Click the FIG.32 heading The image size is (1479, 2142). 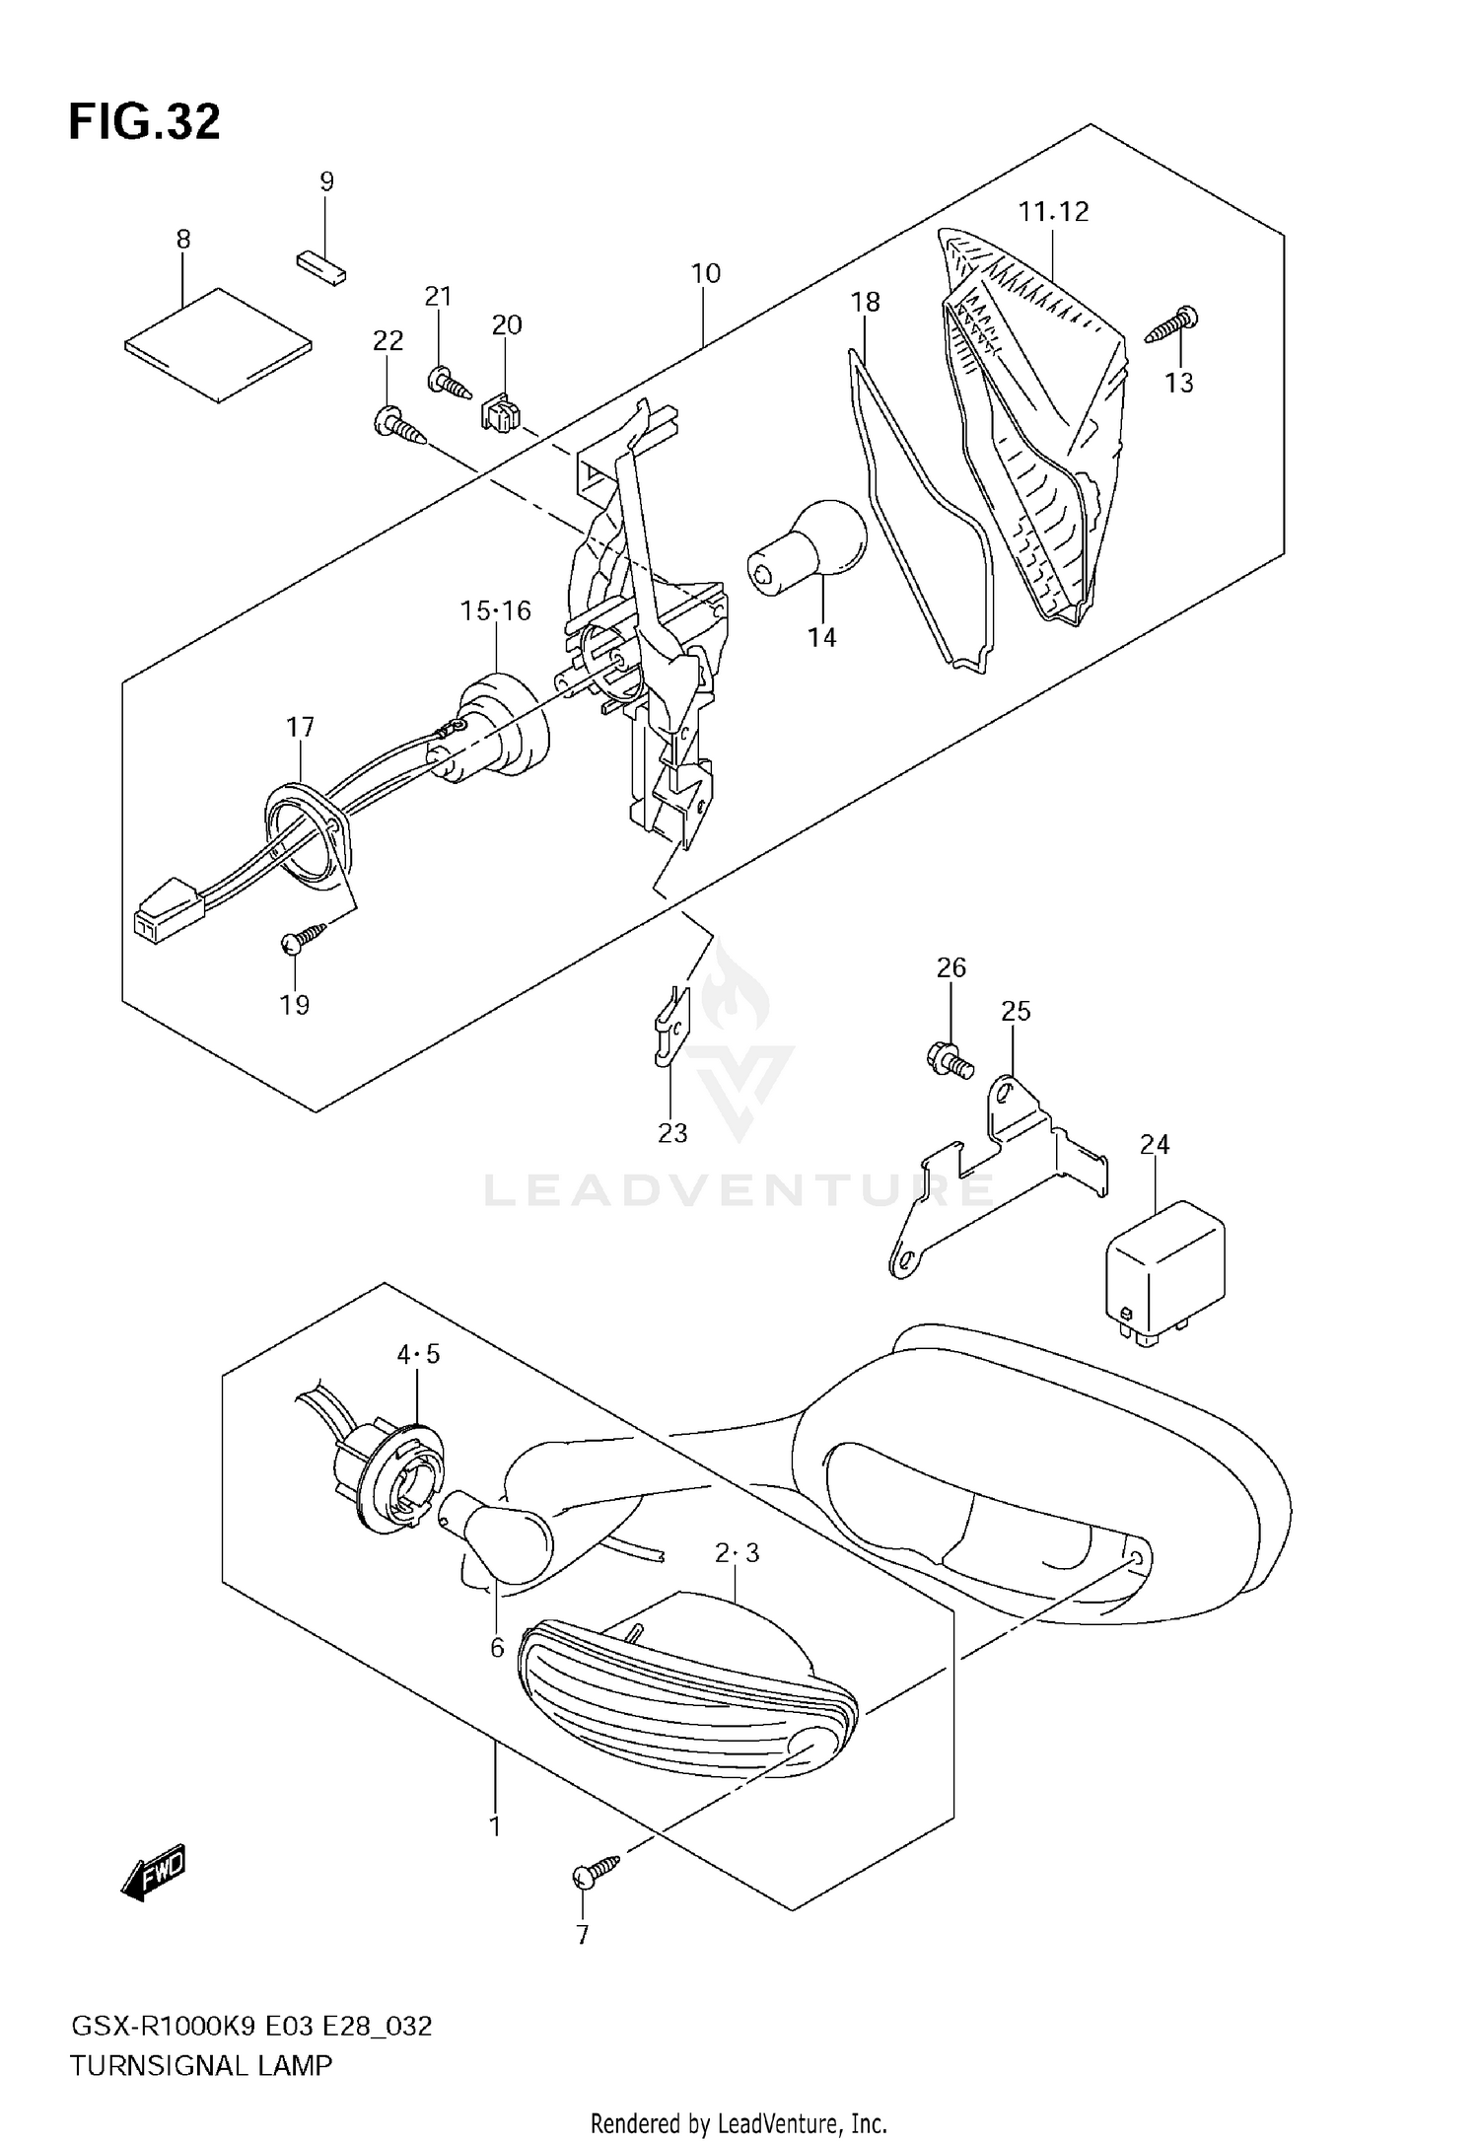(144, 123)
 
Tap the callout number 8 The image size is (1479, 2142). (183, 240)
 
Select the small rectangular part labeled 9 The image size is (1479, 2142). (321, 266)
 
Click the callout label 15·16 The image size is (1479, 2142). (495, 611)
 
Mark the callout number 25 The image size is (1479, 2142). (1016, 1011)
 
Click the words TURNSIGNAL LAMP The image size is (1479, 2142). (200, 2064)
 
